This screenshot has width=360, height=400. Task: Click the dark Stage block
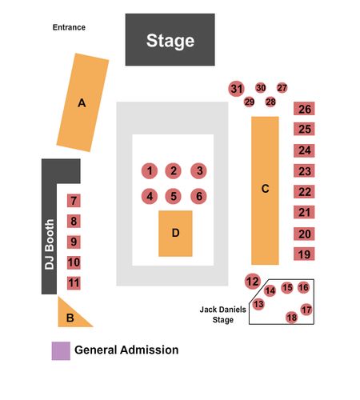tap(170, 39)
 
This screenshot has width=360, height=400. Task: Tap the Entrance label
tap(69, 27)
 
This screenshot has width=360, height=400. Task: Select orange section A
tap(82, 102)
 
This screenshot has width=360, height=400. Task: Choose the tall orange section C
tap(265, 190)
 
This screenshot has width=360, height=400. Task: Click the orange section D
tap(175, 234)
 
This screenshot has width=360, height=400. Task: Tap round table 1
tap(150, 171)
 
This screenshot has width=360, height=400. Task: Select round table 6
tap(198, 196)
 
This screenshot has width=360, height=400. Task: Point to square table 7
tap(74, 201)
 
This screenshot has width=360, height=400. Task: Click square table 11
tap(74, 283)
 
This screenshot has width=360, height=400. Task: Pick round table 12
tap(253, 282)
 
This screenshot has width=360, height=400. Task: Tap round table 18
tap(292, 318)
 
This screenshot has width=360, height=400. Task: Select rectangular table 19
tap(304, 254)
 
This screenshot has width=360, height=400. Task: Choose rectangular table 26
tap(304, 109)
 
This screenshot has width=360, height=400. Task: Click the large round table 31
tap(237, 89)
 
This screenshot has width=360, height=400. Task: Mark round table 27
tap(282, 88)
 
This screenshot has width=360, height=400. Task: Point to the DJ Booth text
tap(50, 244)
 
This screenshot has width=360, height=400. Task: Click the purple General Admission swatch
tap(61, 351)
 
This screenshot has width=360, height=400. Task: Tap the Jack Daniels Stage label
tap(223, 314)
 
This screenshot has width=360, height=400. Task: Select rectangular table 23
tap(304, 171)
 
